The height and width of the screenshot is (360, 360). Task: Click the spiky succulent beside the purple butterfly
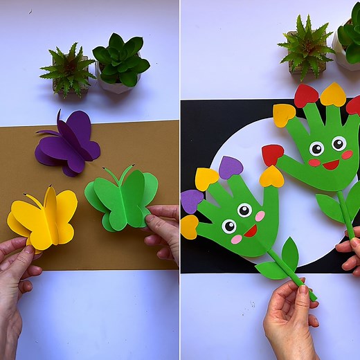point(68,69)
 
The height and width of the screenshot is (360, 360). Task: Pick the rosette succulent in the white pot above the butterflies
point(121,63)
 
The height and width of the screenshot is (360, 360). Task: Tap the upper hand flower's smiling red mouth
point(330,165)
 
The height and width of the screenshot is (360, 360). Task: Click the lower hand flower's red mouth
point(251,231)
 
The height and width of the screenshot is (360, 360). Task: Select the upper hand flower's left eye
point(316,148)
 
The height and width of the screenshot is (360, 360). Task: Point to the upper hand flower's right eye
point(339,143)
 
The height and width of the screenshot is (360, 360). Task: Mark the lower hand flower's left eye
point(228,226)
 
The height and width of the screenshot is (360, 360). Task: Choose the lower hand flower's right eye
point(244,210)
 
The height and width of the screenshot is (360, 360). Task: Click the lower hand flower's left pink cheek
point(236,240)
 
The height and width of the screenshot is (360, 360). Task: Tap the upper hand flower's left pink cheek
point(314,163)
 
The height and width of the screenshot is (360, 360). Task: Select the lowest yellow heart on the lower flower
point(189,226)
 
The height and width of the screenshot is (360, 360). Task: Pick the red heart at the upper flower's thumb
point(272,154)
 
